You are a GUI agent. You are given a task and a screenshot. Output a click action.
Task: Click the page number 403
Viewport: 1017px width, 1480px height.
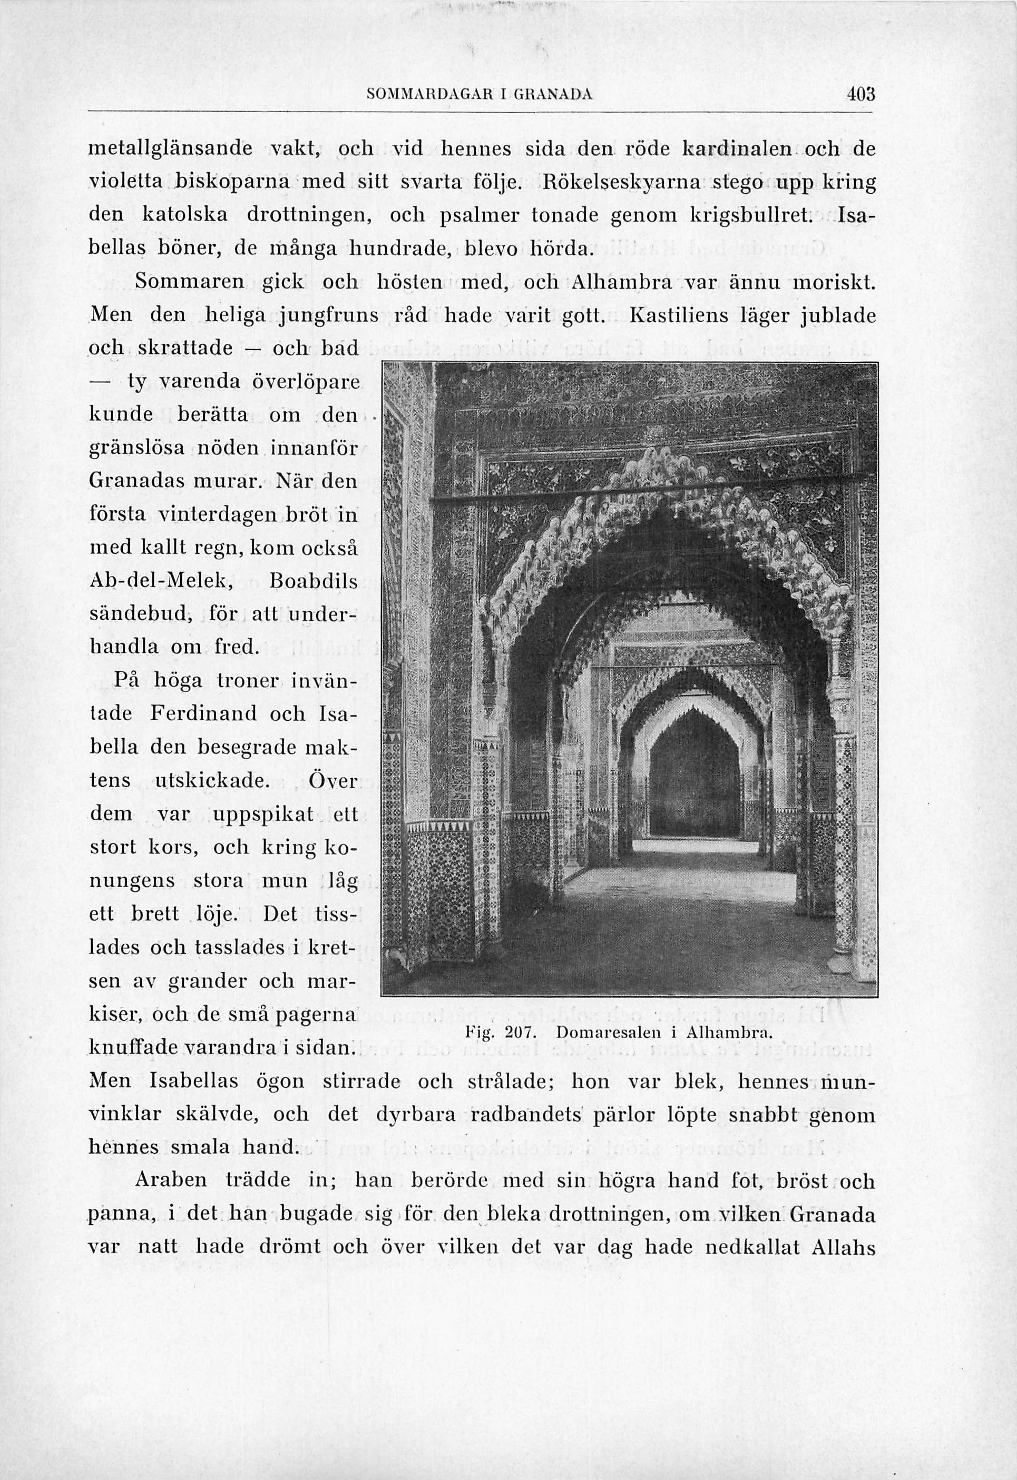point(862,94)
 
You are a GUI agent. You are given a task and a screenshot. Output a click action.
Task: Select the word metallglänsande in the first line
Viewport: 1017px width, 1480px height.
point(171,150)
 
